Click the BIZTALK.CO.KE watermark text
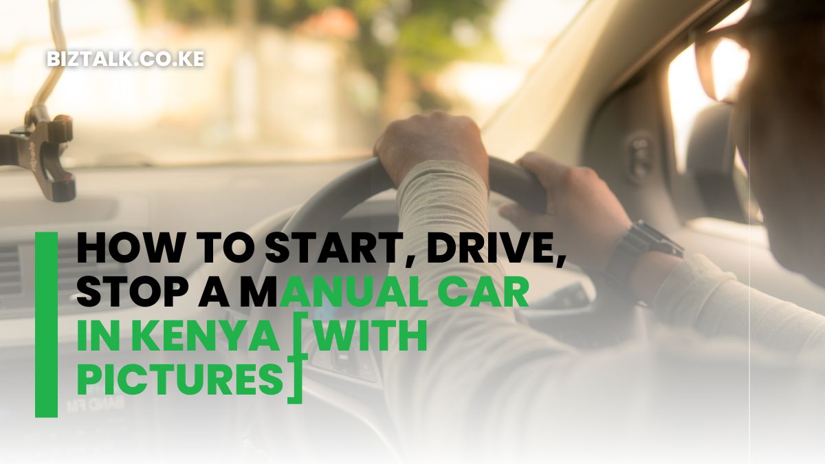click(126, 59)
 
